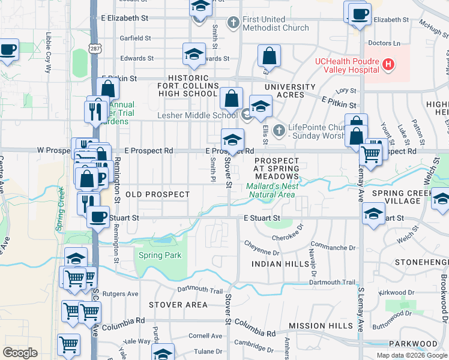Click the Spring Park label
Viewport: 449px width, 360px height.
160,256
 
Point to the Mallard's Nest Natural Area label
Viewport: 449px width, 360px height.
271,190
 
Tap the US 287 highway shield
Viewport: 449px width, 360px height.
94,47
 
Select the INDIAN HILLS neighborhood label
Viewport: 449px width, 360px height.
279,264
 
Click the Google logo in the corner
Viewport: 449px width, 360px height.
20,353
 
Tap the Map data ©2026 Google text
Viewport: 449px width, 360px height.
412,355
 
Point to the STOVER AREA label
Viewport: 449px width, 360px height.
178,305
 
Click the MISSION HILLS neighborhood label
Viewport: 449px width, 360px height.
321,325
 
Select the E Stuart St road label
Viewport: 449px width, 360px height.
262,218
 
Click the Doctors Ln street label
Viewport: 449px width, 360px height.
384,43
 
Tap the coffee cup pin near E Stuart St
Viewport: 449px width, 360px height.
98,217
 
